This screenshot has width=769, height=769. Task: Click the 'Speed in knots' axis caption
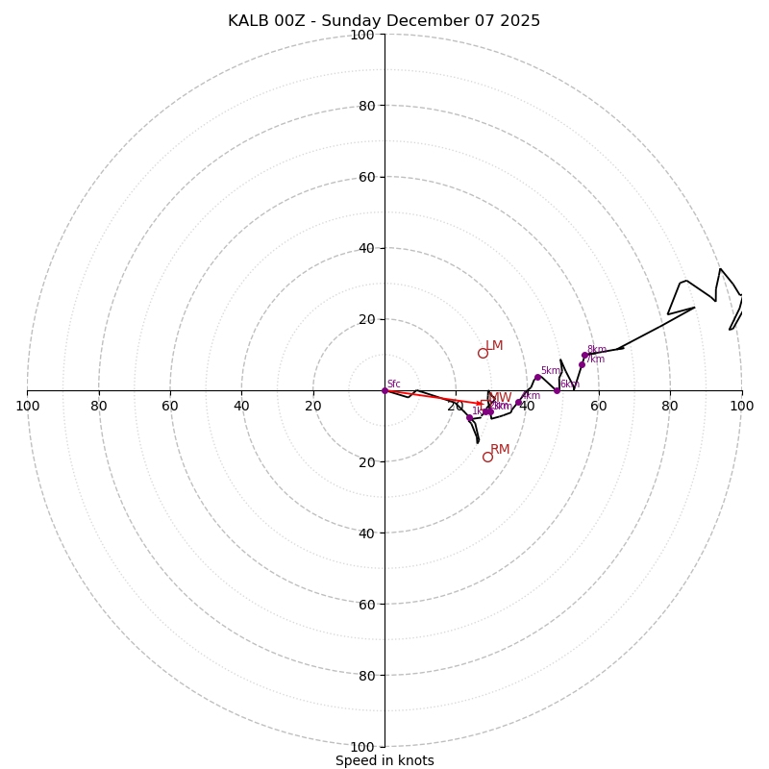[384, 760]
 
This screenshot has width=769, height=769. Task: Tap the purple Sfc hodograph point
[384, 390]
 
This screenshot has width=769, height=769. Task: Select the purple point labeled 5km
[537, 377]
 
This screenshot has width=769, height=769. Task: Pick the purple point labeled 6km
[557, 390]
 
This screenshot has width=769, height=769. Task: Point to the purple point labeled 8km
[584, 355]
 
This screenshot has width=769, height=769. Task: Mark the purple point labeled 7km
[582, 364]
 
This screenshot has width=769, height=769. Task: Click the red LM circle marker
[483, 353]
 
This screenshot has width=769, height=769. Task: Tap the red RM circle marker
[487, 457]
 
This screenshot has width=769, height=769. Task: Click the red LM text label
[494, 346]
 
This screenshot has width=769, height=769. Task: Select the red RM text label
[500, 450]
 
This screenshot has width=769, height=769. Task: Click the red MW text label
[502, 398]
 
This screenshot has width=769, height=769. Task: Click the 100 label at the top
[362, 35]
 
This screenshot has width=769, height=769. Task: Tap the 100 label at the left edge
[27, 406]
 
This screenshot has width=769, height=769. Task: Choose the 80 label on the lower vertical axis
[362, 676]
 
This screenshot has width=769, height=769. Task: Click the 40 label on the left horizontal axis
[241, 406]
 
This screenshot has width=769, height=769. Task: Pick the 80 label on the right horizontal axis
[670, 406]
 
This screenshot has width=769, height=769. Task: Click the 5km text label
[550, 371]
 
